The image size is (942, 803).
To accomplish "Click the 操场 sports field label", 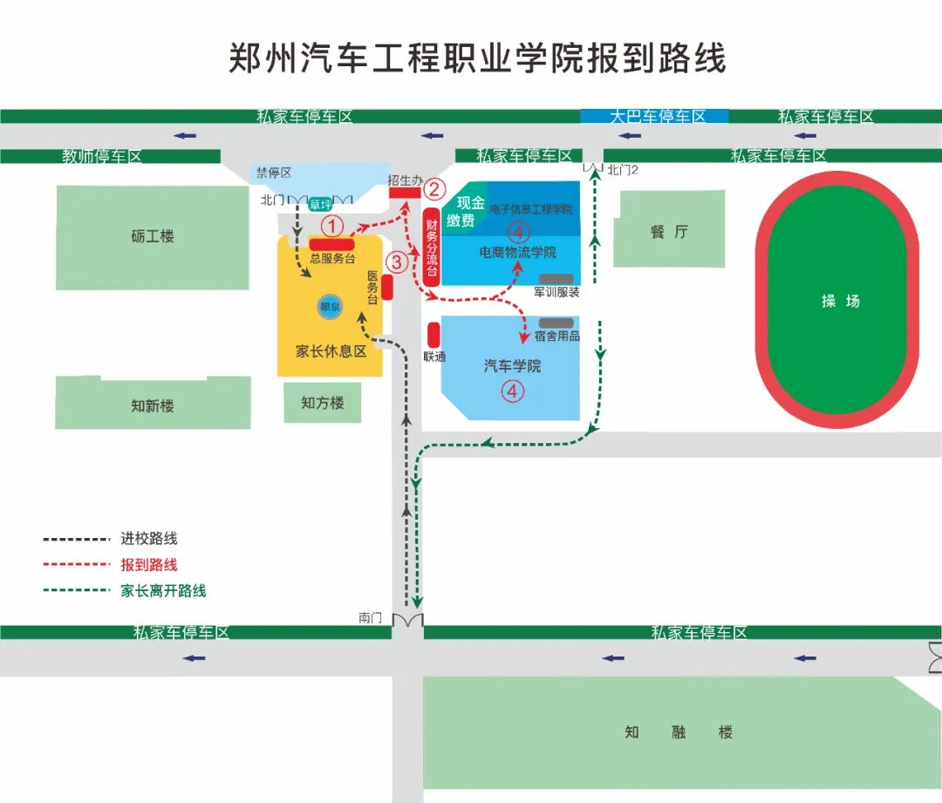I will click(x=840, y=301).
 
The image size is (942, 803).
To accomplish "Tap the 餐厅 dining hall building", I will click(x=669, y=231).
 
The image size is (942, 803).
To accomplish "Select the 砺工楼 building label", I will click(x=154, y=236).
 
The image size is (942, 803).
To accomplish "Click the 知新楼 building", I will click(x=153, y=405).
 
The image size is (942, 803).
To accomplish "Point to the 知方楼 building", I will click(x=323, y=403).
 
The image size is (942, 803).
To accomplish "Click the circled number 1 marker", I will click(x=331, y=225).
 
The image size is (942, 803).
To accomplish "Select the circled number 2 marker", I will click(x=434, y=188).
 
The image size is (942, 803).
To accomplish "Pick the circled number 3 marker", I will click(x=397, y=261).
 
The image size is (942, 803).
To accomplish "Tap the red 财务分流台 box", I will click(x=431, y=247).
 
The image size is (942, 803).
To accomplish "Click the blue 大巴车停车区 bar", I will click(x=655, y=116).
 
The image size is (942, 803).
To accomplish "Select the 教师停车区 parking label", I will click(x=101, y=157).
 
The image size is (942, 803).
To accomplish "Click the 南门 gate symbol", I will click(x=407, y=620).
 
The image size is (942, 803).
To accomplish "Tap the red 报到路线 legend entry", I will click(x=149, y=565).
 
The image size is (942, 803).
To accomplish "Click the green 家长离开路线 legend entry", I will click(x=163, y=590).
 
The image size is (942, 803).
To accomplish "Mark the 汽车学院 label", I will click(x=512, y=365).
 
